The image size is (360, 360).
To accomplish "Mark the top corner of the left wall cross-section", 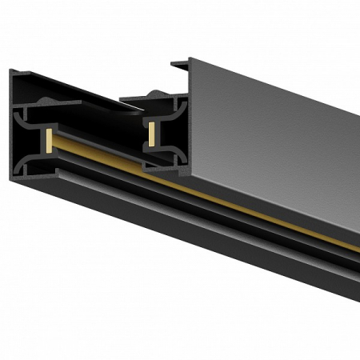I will click(11, 70).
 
